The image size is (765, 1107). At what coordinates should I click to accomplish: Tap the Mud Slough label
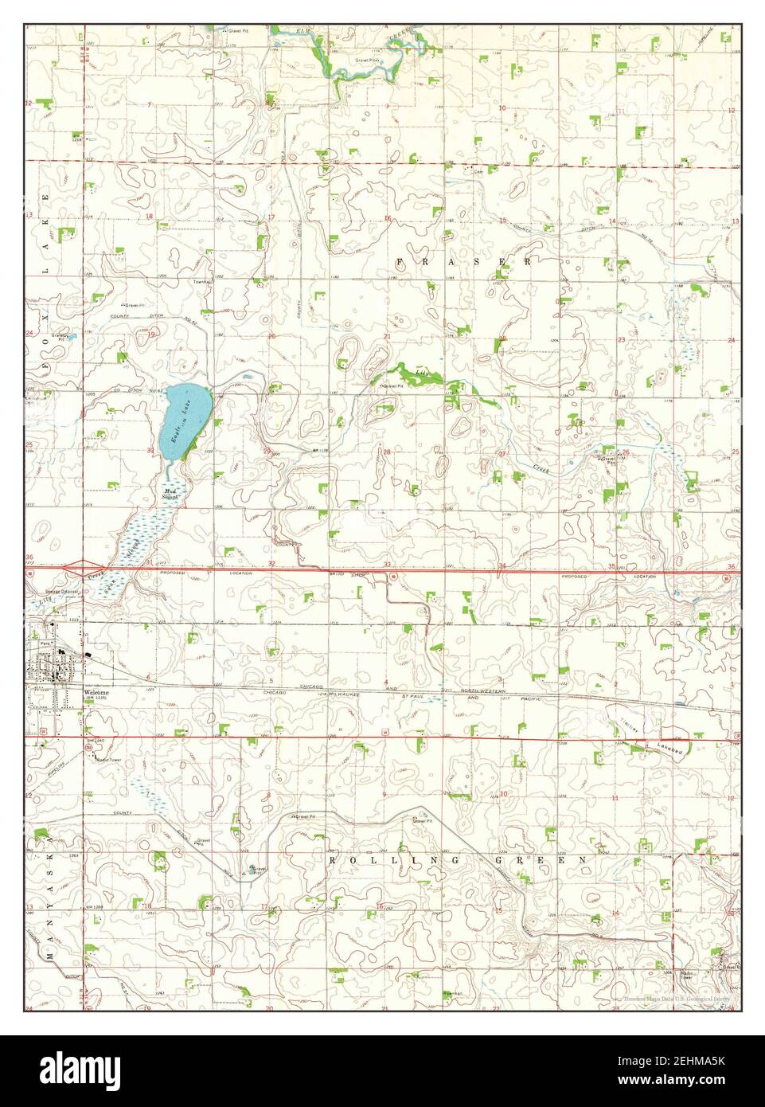(x=170, y=494)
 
